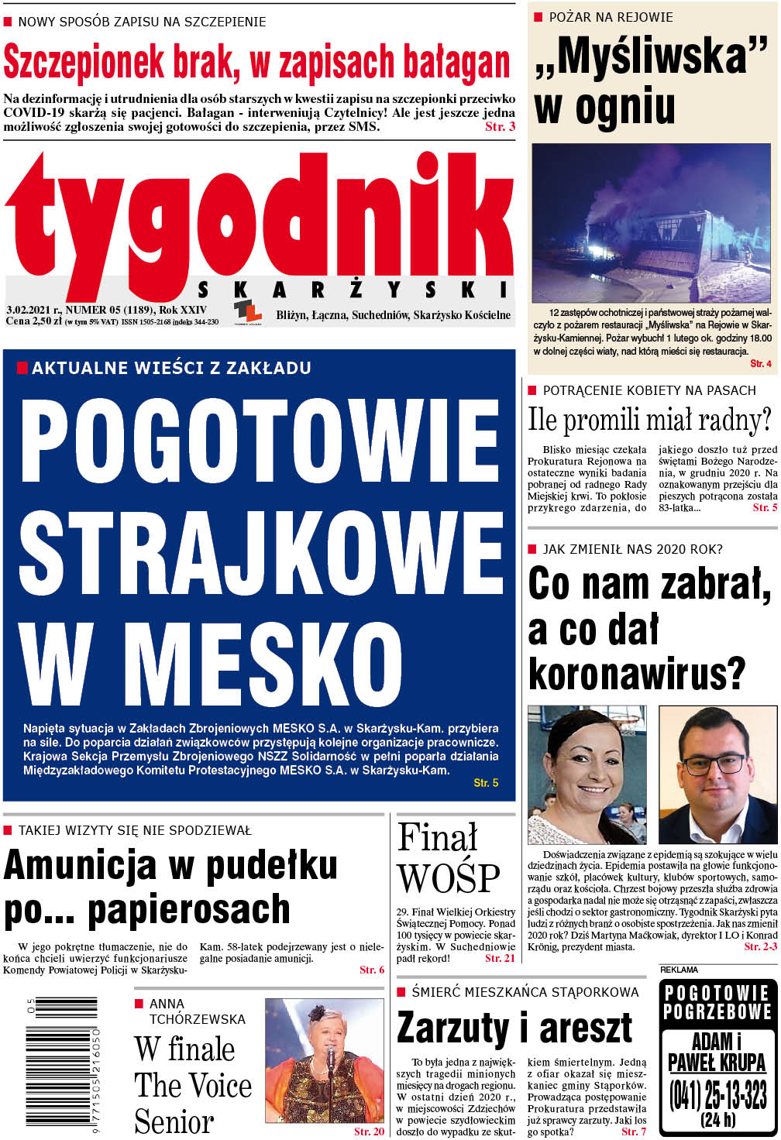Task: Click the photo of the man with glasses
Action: pos(717,774)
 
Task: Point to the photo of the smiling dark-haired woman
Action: pos(587,774)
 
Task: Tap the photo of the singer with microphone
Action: pos(324,1060)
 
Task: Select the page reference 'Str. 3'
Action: pos(500,127)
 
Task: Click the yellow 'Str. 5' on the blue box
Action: pos(486,783)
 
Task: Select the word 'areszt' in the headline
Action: pos(586,1029)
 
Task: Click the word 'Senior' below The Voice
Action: pos(174,1121)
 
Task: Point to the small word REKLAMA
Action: pos(679,970)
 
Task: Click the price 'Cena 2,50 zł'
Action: pos(33,321)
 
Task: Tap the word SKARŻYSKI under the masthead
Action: pos(354,290)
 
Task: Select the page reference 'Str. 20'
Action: pos(369,1131)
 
